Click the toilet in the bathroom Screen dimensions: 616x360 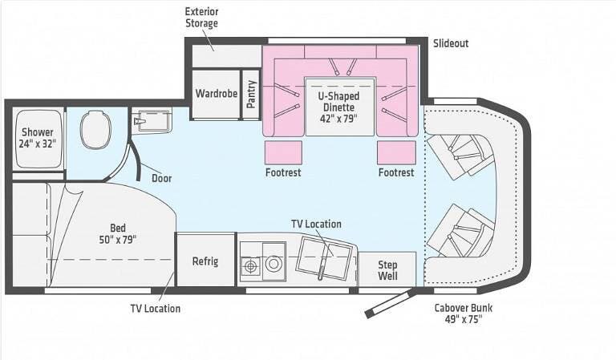[95, 130]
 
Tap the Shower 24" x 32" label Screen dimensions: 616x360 [38, 138]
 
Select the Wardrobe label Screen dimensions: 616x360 [216, 94]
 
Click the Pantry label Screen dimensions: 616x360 [251, 95]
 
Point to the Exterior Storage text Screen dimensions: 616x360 [201, 18]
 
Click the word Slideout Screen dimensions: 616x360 [451, 43]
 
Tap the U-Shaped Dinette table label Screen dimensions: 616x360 [338, 107]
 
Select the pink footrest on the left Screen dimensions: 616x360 [283, 152]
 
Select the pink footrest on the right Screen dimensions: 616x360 [396, 152]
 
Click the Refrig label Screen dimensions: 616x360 [205, 261]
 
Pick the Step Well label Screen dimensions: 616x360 [387, 270]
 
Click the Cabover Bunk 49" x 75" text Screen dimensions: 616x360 [463, 313]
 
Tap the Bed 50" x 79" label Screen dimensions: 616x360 [117, 233]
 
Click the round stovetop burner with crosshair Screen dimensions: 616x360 [250, 266]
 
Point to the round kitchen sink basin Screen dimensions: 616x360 [274, 264]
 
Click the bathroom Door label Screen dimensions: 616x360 [162, 178]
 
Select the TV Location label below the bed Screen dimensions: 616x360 [156, 309]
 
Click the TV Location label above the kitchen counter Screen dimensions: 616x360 [316, 224]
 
